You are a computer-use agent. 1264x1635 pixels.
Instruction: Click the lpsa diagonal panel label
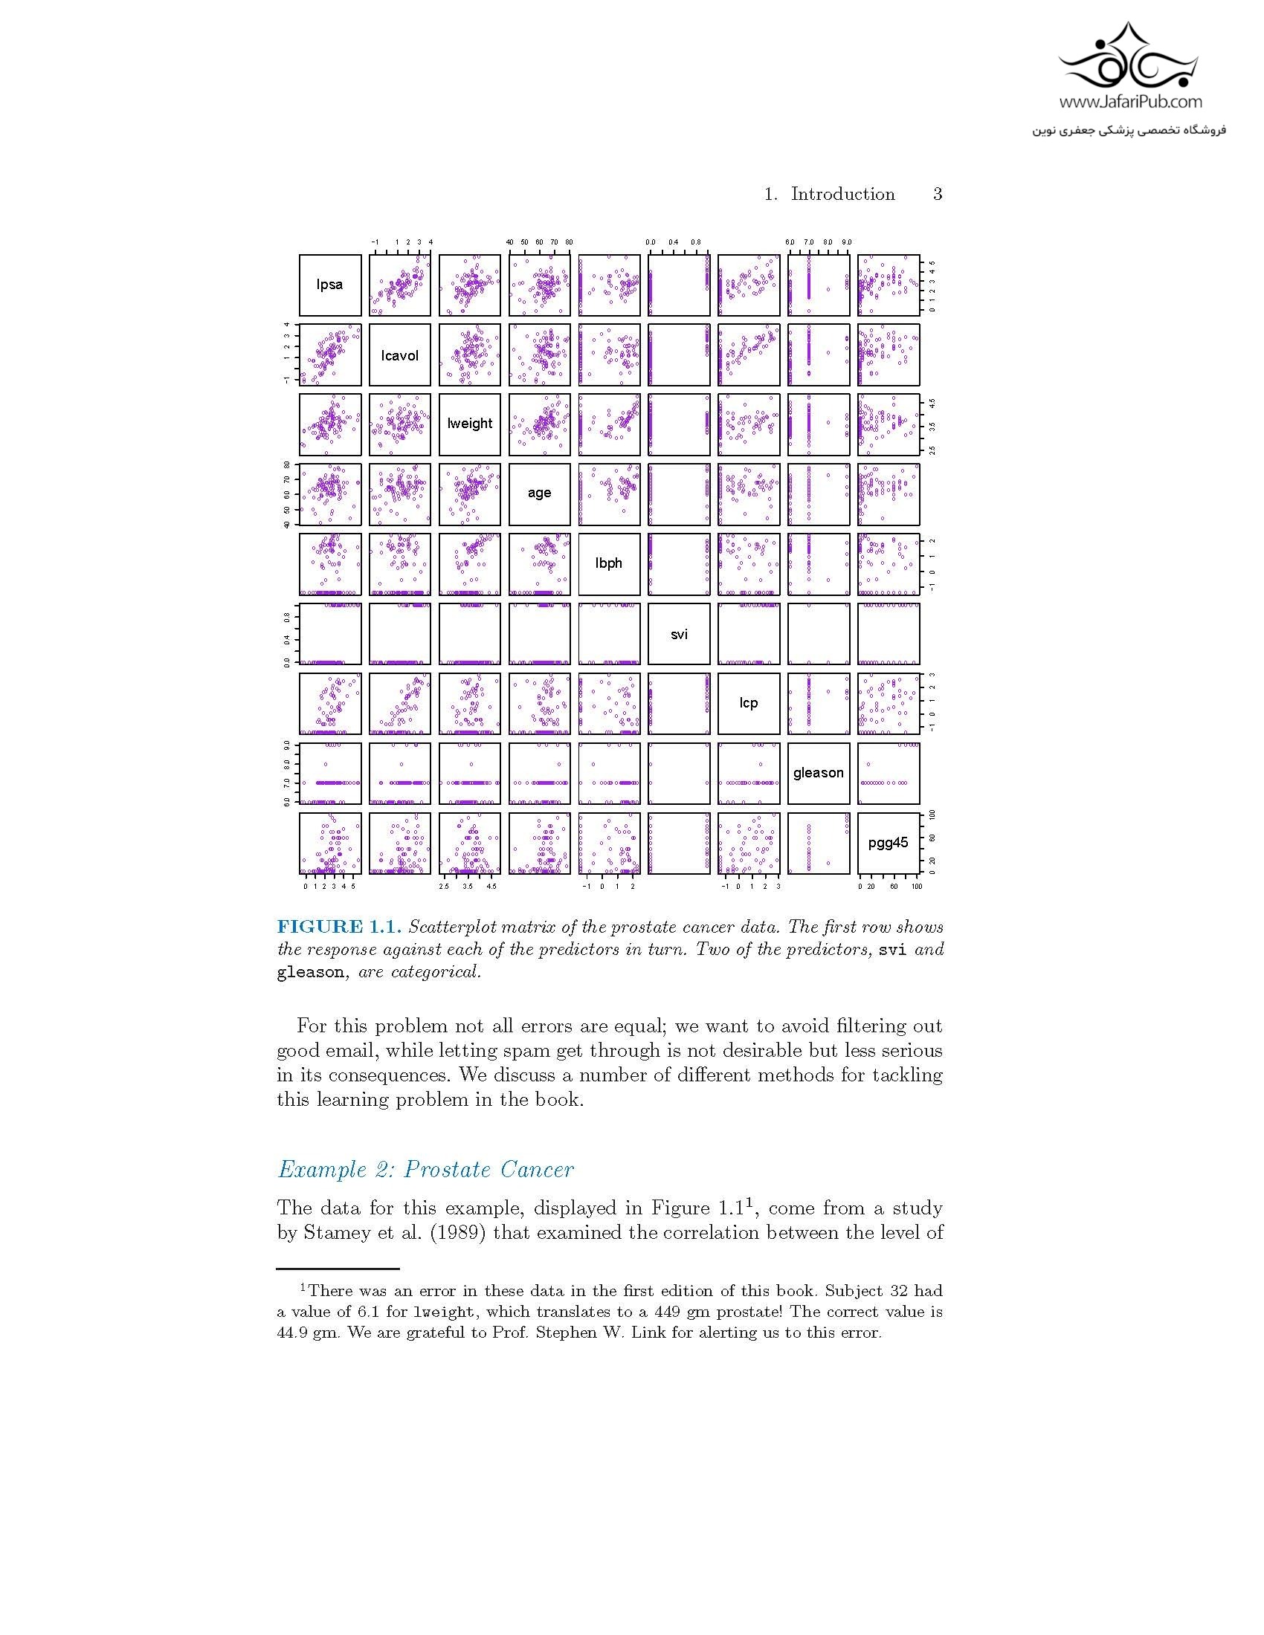click(x=329, y=285)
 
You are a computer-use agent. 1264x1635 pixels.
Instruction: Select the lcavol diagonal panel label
click(x=400, y=354)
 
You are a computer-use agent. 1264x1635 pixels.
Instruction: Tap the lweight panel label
click(x=469, y=423)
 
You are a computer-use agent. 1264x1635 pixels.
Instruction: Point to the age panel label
click(x=539, y=493)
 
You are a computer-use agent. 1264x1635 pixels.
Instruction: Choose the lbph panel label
click(x=609, y=563)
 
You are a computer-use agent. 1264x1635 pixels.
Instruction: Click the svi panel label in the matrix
click(x=679, y=634)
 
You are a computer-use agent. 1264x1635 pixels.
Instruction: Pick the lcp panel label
click(x=749, y=702)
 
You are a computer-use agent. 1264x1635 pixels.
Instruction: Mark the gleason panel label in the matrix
click(x=819, y=773)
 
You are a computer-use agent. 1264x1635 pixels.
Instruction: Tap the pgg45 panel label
click(x=888, y=843)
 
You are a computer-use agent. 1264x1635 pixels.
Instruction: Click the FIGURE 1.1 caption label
click(x=339, y=927)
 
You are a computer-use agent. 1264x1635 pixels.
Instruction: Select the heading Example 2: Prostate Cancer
click(x=425, y=1169)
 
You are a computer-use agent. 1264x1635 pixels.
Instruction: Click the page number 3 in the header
click(x=938, y=195)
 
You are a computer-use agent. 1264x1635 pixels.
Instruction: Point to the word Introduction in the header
click(x=842, y=195)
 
